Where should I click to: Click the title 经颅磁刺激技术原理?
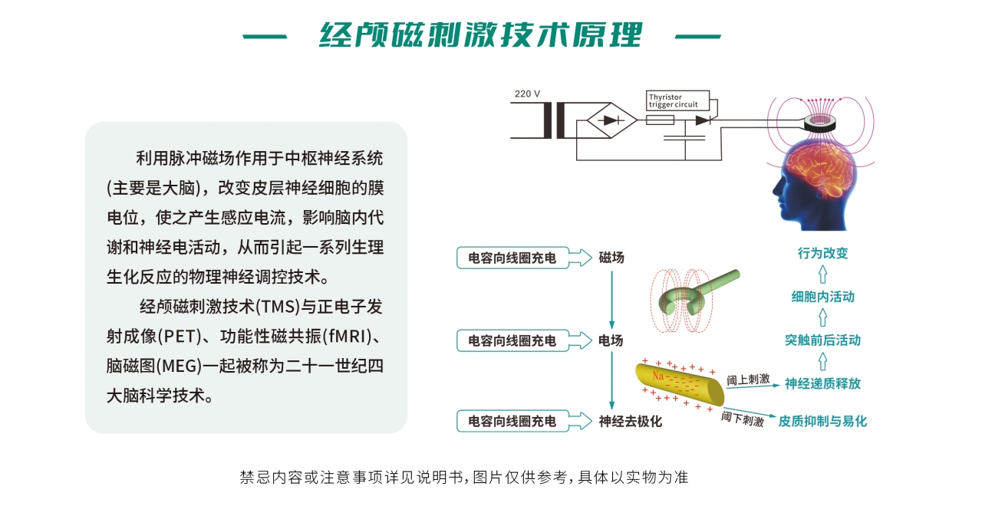coord(481,34)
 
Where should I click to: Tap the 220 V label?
coord(527,94)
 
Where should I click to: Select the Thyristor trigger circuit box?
coord(677,100)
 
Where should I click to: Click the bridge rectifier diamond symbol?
coord(611,120)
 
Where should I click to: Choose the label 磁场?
coord(611,258)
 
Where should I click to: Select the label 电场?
coord(611,340)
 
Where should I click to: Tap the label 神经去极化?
coord(630,422)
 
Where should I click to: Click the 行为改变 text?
coord(822,253)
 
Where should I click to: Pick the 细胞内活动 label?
coord(822,297)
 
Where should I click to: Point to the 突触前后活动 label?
coord(822,340)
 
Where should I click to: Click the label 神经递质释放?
coord(822,384)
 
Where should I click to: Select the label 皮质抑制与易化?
coord(822,422)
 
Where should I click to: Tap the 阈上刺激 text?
coord(748,379)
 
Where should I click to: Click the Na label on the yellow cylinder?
coord(658,376)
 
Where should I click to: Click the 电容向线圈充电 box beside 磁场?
coord(512,258)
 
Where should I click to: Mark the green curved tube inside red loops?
coord(697,292)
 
